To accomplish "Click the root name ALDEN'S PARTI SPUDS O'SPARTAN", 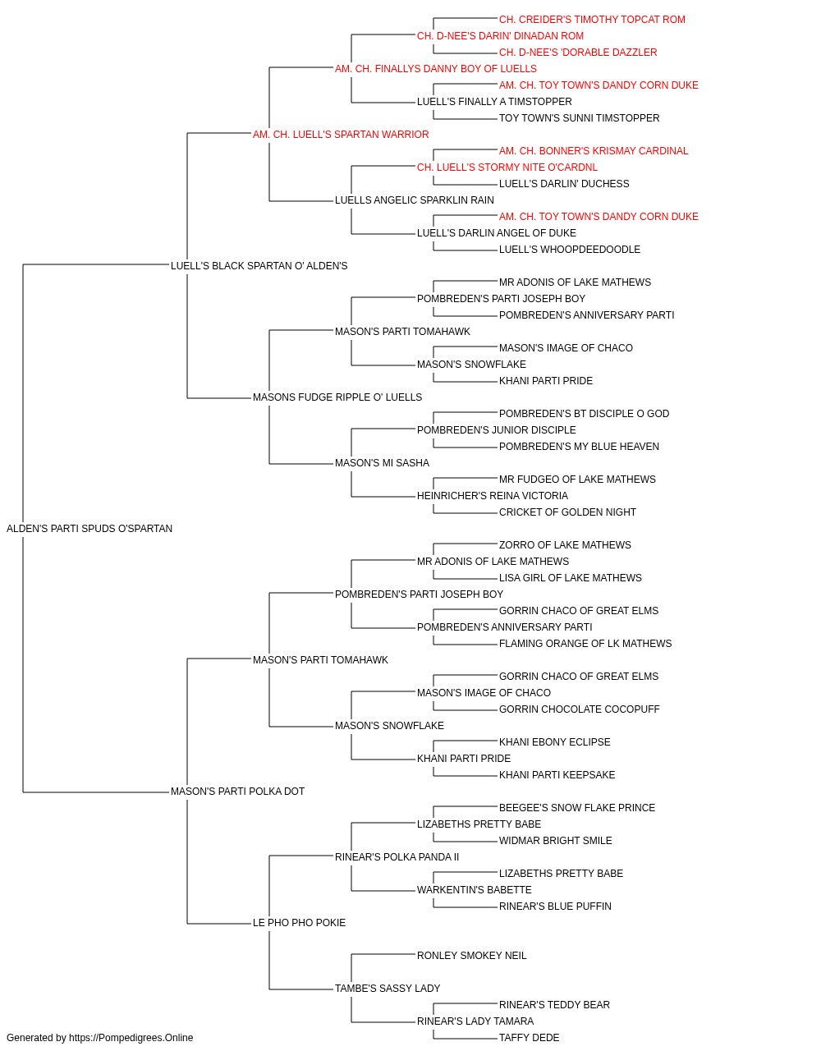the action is pos(89,529).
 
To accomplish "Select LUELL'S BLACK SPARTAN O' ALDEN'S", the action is pos(259,266).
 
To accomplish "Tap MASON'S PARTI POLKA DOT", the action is pos(237,792).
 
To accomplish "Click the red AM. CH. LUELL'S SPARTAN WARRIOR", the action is pos(341,135).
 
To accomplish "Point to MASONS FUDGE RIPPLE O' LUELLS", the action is pos(337,397).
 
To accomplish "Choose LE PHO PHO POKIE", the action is pos(300,923).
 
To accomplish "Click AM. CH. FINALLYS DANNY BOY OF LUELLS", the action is pos(436,69).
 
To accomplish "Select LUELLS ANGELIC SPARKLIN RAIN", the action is pos(415,200).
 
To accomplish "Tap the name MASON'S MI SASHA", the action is pos(382,463).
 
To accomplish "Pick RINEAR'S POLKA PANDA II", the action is pos(397,857).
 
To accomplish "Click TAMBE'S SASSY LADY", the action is pos(388,989).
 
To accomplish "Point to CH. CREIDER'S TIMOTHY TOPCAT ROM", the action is pos(592,20).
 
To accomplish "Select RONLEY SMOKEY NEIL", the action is pos(472,957).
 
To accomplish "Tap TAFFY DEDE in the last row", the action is pos(530,1039).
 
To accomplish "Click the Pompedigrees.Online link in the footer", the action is pos(131,1039).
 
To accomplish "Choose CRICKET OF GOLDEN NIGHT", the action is pos(567,512).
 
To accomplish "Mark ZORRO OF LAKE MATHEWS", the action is pos(565,545).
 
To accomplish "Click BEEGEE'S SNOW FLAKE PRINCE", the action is pos(577,808).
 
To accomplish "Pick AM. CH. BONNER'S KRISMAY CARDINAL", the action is pos(594,151).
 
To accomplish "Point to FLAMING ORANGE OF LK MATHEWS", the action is pos(585,644).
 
